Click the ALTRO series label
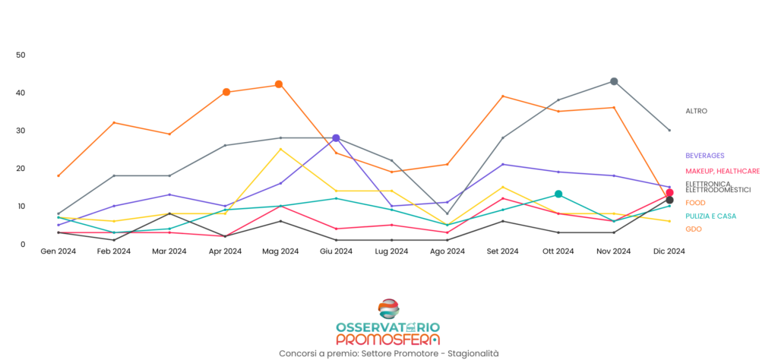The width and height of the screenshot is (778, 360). click(696, 111)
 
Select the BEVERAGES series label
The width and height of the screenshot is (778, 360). click(704, 156)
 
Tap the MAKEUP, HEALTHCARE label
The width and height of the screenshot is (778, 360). click(723, 172)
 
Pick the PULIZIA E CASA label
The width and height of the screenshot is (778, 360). click(710, 216)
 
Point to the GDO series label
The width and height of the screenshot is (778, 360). click(693, 229)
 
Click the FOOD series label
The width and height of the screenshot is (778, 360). click(695, 203)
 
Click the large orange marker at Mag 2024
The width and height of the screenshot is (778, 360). click(279, 84)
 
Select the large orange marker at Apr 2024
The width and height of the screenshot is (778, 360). click(226, 92)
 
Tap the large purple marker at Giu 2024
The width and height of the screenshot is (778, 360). click(336, 138)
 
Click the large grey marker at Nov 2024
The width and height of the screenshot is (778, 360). click(614, 81)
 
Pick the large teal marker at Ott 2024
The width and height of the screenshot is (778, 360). click(558, 194)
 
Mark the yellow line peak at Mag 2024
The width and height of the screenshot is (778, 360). click(280, 149)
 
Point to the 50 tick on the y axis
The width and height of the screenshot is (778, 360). click(21, 55)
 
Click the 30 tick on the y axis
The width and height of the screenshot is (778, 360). click(21, 131)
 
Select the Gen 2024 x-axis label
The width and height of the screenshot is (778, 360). click(59, 251)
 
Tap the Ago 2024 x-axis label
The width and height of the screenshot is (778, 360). click(447, 251)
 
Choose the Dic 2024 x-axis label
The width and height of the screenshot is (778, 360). click(669, 251)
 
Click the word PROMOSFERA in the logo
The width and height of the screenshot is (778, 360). click(387, 339)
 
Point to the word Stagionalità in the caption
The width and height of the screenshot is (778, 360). click(473, 353)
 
